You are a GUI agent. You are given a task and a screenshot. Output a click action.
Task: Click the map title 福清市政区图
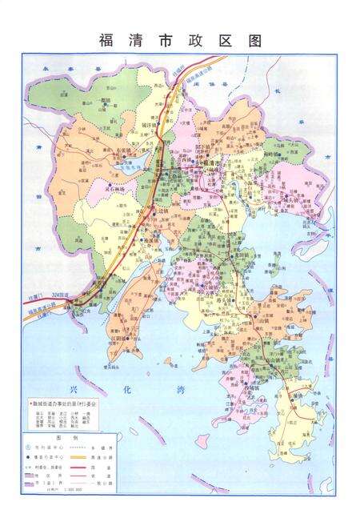(x=180, y=40)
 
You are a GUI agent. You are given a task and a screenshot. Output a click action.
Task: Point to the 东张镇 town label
(x=118, y=150)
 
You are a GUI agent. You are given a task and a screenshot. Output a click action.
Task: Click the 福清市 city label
(x=211, y=163)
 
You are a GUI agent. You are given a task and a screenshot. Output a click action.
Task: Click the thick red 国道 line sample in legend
(x=103, y=475)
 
